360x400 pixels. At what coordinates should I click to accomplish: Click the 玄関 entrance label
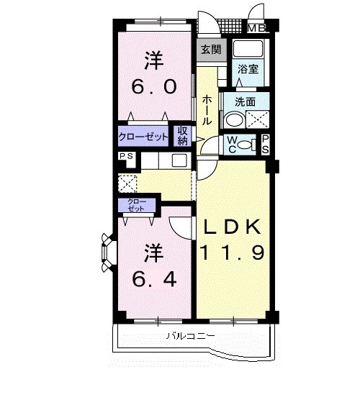(211, 50)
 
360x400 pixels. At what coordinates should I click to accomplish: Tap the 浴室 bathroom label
(249, 70)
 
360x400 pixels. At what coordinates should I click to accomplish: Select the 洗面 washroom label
(245, 101)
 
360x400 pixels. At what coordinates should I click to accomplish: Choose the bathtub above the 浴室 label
(249, 50)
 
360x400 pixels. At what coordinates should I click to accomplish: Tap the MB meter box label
(256, 28)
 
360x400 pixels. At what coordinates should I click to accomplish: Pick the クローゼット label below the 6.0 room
(144, 136)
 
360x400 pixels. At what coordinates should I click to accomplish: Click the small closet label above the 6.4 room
(135, 205)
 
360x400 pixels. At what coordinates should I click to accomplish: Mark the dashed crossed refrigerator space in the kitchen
(128, 183)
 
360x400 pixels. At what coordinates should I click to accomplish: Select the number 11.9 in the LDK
(234, 252)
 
